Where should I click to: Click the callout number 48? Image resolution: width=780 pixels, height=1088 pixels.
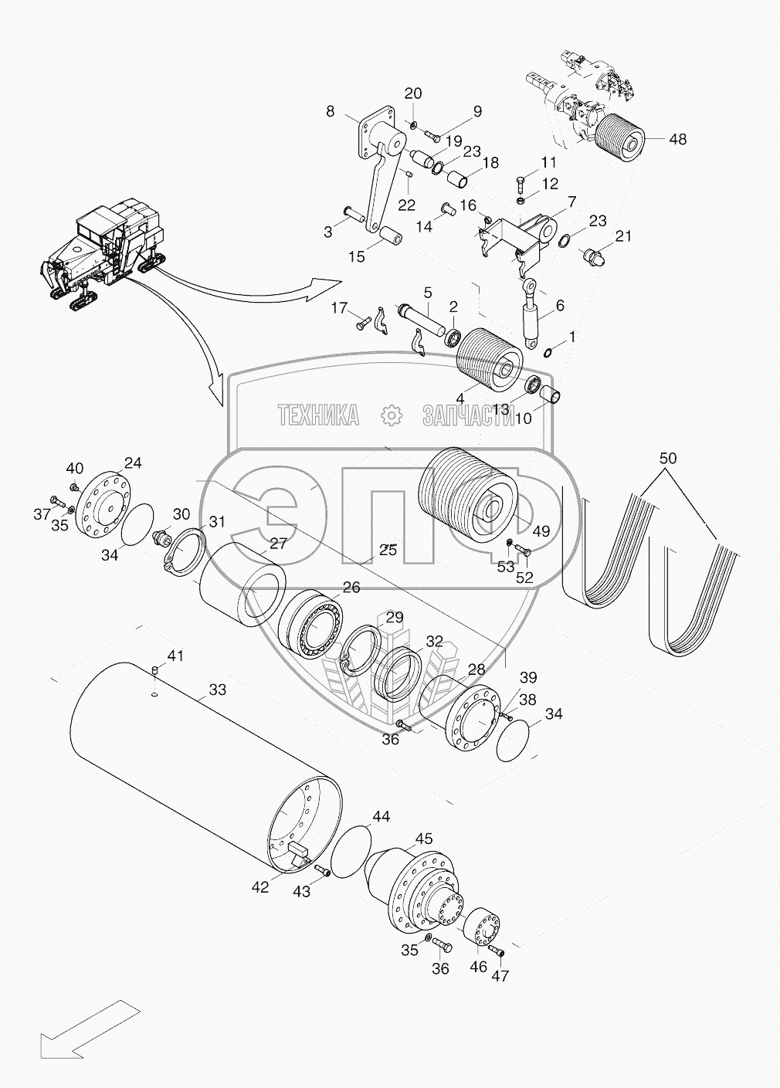(x=678, y=140)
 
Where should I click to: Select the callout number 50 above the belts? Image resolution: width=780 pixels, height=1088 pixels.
(x=667, y=458)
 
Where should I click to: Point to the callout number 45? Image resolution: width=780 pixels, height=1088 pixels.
(x=424, y=839)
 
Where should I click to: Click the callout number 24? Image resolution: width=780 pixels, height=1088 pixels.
(x=134, y=463)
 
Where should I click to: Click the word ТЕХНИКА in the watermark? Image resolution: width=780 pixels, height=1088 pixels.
(x=318, y=416)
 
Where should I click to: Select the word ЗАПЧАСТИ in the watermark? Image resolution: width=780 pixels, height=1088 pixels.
(x=468, y=416)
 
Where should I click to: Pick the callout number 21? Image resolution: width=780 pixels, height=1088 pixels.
(x=623, y=236)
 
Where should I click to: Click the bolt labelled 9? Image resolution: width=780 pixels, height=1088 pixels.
(x=431, y=137)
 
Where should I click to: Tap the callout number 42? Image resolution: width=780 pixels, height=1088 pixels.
(x=259, y=887)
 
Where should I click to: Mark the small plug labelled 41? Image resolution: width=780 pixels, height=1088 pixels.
(x=154, y=670)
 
